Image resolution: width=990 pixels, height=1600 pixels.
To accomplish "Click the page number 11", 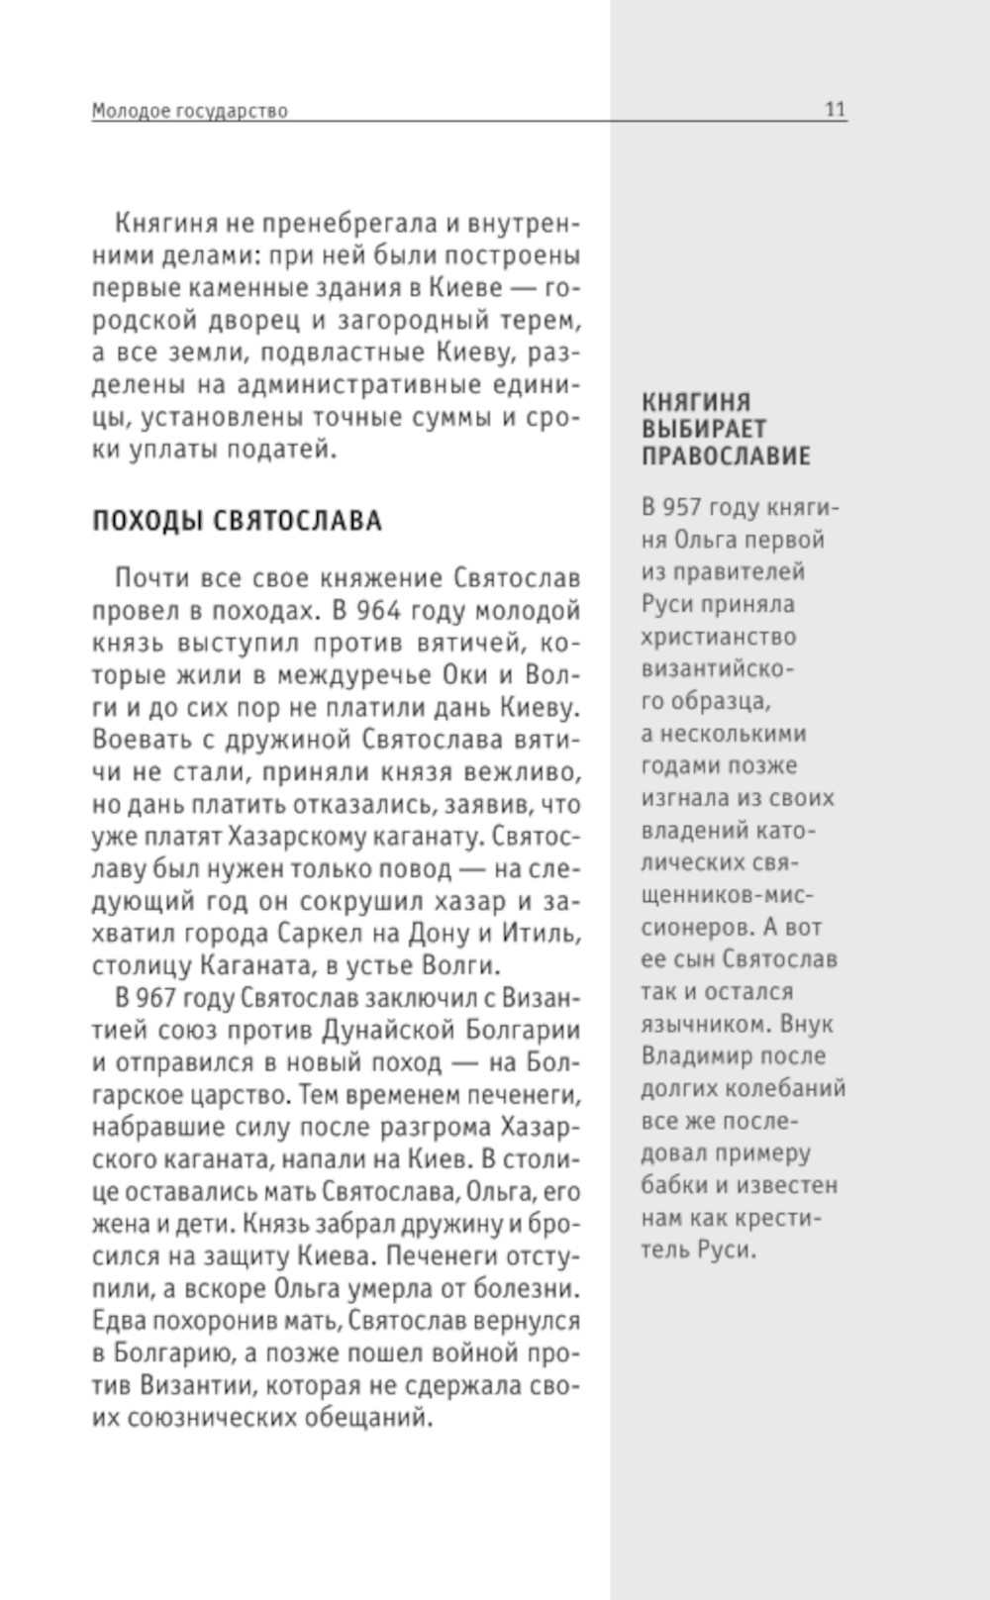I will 836,110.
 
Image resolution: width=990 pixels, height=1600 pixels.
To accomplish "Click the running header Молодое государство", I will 189,111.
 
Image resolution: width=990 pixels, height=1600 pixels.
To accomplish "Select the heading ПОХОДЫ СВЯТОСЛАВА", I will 237,521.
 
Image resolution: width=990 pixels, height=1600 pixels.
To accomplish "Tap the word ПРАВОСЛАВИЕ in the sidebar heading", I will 726,455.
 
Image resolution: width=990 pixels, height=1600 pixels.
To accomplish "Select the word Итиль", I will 540,934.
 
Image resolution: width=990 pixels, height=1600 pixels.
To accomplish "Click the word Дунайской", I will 386,1031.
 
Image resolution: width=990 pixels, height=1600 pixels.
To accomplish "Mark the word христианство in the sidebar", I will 718,637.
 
